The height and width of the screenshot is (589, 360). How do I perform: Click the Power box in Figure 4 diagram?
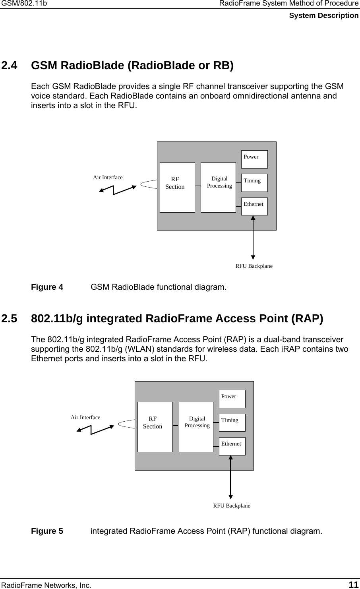254,159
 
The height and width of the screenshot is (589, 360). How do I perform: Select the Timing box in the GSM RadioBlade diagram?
254,182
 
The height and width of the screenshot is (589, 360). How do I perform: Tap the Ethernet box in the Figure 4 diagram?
254,206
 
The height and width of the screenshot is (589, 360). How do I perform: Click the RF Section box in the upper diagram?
177,187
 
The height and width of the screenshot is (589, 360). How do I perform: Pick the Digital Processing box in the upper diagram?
218,187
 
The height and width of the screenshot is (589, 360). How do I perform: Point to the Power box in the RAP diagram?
232,399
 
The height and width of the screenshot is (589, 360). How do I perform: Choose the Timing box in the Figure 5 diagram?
232,422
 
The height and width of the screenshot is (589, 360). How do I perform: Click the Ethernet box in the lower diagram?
232,446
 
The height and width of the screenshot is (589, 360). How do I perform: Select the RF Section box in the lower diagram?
155,426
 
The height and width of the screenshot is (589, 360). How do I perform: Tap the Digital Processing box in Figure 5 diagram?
195,426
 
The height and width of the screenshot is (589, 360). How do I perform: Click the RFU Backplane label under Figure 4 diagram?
254,266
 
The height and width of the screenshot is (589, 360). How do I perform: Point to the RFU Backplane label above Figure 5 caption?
232,506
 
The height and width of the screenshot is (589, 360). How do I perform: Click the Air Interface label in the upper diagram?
108,177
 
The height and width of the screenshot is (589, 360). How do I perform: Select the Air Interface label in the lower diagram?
85,417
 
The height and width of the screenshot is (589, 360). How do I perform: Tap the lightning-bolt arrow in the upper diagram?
116,189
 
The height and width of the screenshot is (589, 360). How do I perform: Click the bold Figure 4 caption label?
47,287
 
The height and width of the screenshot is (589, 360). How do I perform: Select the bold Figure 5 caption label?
47,531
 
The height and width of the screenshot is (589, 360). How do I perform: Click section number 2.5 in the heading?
10,319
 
